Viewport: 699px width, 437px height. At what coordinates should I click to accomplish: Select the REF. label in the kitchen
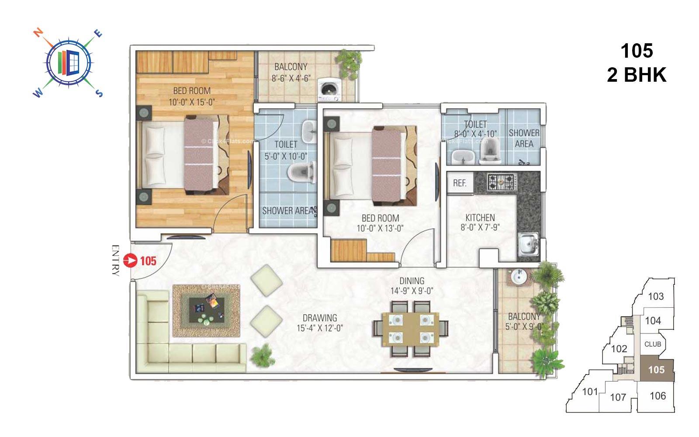pyautogui.click(x=460, y=183)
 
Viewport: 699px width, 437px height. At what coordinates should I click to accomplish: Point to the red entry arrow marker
pyautogui.click(x=130, y=261)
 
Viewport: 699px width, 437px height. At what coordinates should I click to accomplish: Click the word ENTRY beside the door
pyautogui.click(x=115, y=260)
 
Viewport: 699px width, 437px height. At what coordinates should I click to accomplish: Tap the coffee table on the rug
pyautogui.click(x=207, y=310)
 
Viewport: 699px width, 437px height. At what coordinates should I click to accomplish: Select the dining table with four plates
pyautogui.click(x=410, y=328)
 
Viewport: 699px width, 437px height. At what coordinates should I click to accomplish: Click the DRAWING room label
pyautogui.click(x=320, y=318)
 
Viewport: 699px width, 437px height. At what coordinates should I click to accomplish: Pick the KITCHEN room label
pyautogui.click(x=480, y=217)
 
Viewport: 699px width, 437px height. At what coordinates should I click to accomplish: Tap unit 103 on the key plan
pyautogui.click(x=655, y=296)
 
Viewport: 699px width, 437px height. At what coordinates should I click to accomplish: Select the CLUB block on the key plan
pyautogui.click(x=653, y=344)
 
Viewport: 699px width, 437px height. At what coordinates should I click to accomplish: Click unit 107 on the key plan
pyautogui.click(x=618, y=397)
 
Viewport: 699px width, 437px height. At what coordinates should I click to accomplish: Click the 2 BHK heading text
pyautogui.click(x=637, y=75)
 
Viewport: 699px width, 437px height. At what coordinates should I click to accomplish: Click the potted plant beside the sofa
pyautogui.click(x=262, y=355)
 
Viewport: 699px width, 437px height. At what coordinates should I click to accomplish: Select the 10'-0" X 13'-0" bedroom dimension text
pyautogui.click(x=380, y=228)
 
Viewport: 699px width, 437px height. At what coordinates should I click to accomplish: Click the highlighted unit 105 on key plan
pyautogui.click(x=656, y=370)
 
